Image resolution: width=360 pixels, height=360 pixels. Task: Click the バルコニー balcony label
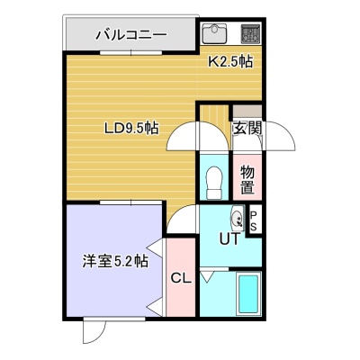click(x=131, y=35)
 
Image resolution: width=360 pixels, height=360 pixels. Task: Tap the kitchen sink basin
click(x=214, y=33)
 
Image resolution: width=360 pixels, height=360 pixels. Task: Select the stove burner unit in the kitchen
click(x=250, y=33)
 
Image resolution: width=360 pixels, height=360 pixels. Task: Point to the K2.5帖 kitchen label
click(x=230, y=62)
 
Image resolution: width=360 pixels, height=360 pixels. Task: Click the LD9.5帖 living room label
click(x=131, y=129)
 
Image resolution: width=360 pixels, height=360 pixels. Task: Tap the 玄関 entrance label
click(x=247, y=129)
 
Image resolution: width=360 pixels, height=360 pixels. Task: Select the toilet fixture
click(x=214, y=183)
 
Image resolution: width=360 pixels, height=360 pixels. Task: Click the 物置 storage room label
click(x=247, y=180)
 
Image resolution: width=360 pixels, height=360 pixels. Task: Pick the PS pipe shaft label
click(x=254, y=221)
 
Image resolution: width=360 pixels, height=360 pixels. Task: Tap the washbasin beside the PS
click(x=237, y=218)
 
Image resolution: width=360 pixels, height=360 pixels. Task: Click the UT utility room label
click(x=230, y=239)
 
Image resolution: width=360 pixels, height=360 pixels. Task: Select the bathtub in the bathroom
click(x=248, y=294)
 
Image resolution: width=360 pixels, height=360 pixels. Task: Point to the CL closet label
click(x=181, y=279)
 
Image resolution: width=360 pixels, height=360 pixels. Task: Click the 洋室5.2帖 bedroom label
click(x=115, y=261)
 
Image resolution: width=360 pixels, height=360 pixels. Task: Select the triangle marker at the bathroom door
click(x=206, y=276)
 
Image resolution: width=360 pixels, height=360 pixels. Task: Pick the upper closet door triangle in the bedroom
click(x=155, y=247)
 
